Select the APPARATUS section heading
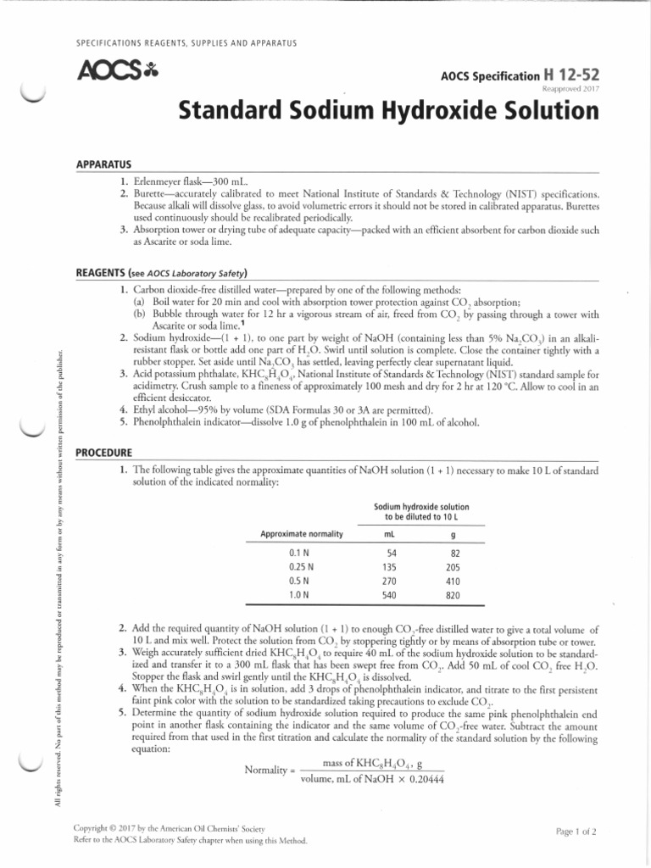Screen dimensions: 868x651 (x=103, y=164)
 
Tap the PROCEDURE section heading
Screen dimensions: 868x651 (x=104, y=453)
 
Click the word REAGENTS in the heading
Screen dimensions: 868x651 (x=101, y=273)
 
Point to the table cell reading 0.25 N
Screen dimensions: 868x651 (x=301, y=567)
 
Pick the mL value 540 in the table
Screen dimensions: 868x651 (x=392, y=597)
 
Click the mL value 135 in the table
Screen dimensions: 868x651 (x=392, y=567)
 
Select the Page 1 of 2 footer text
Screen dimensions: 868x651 (x=576, y=832)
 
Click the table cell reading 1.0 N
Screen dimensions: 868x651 (x=301, y=597)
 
